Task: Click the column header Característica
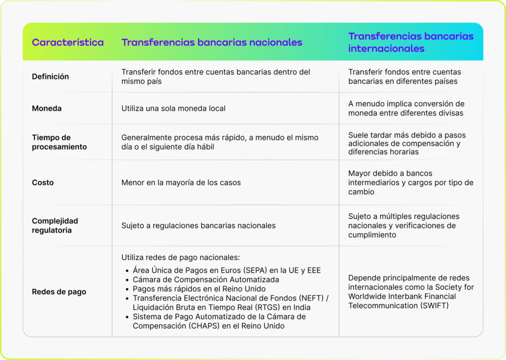(x=68, y=43)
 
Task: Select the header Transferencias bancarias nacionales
(x=211, y=43)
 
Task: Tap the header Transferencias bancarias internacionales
(x=411, y=43)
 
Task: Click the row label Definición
(x=50, y=77)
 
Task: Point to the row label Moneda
(x=47, y=108)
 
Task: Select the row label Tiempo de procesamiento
(x=59, y=142)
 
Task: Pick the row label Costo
(x=43, y=182)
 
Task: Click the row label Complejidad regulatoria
(x=55, y=225)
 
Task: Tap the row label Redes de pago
(x=59, y=292)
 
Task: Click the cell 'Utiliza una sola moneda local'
(x=173, y=108)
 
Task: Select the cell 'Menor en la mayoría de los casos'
(x=181, y=182)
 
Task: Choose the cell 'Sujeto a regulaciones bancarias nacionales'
(x=198, y=225)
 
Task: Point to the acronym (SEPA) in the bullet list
(x=267, y=270)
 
